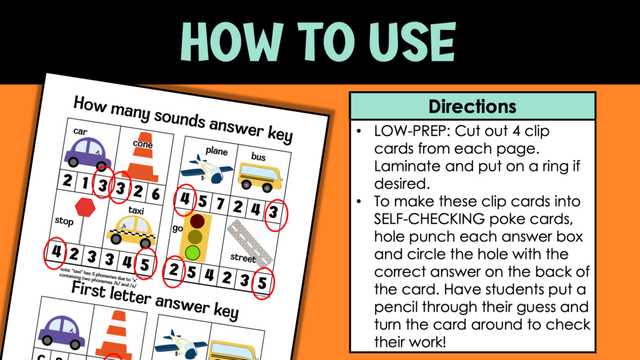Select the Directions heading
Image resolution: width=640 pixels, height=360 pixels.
pos(472,106)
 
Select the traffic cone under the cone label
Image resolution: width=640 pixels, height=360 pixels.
pos(142,161)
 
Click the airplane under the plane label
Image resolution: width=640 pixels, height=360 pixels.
pos(198,170)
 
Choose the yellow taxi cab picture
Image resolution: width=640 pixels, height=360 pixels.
pos(131,230)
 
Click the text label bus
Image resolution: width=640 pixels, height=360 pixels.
pos(257,157)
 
